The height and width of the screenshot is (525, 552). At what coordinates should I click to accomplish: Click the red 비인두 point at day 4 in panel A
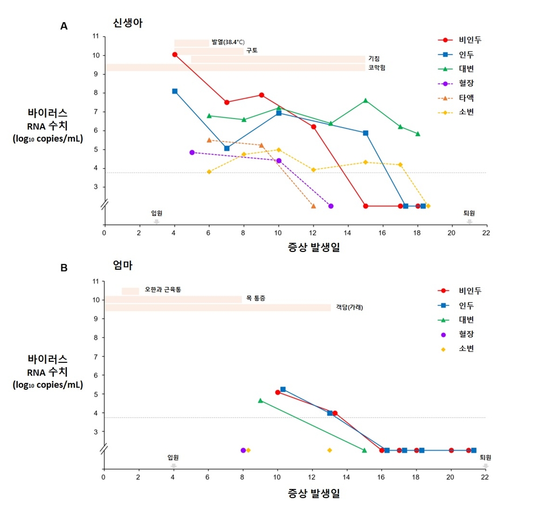[x=175, y=54]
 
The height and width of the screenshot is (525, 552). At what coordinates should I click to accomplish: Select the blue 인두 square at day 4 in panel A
[x=175, y=91]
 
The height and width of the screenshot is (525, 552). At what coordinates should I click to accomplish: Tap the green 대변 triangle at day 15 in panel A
[x=365, y=100]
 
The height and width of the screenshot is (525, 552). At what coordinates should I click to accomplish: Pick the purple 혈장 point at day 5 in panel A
[x=192, y=152]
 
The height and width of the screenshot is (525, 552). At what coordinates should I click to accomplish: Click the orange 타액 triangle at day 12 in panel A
[x=313, y=206]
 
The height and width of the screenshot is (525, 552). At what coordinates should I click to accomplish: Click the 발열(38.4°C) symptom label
[x=228, y=42]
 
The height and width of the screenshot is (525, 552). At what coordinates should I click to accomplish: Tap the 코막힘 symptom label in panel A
[x=376, y=68]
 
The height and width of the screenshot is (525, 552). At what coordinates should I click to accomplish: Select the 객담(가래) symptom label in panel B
[x=349, y=307]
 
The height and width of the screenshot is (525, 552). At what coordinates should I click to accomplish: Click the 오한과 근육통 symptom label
[x=163, y=290]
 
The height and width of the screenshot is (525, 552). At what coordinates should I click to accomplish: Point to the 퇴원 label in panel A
[x=469, y=213]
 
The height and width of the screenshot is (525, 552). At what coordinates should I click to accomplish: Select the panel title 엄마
[x=122, y=265]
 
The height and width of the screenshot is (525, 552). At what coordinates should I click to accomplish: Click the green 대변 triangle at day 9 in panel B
[x=260, y=401]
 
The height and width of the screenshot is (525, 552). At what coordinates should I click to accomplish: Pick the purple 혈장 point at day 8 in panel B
[x=243, y=450]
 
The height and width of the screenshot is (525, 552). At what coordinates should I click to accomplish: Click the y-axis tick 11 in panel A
[x=95, y=37]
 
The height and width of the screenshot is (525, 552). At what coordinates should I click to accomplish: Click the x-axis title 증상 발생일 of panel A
[x=314, y=248]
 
